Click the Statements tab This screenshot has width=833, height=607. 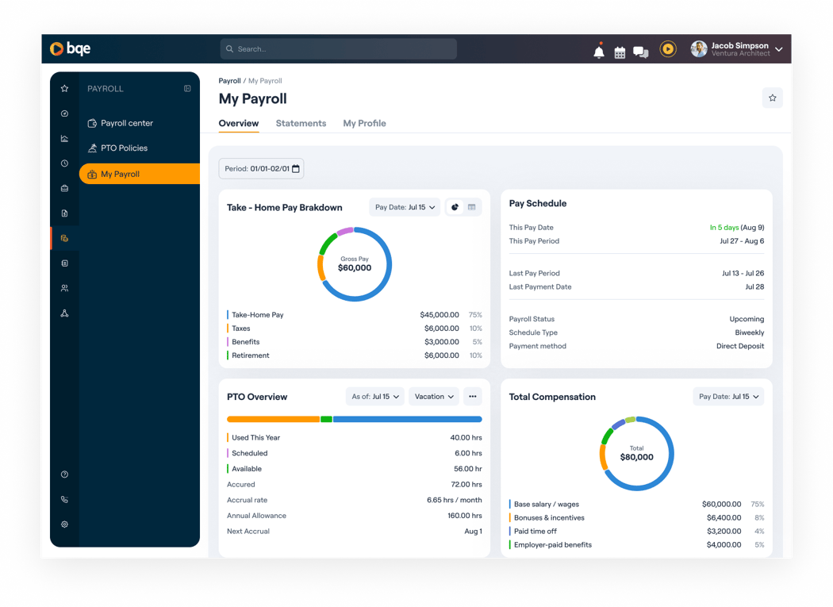point(301,124)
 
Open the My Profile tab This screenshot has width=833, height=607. point(364,124)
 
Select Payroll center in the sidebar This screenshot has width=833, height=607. point(127,124)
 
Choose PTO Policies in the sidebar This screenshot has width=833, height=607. point(124,148)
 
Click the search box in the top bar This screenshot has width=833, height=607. point(338,49)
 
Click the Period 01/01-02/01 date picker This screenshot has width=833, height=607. point(261,169)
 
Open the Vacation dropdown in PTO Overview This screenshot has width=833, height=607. point(434,397)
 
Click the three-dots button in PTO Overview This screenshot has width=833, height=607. point(473,397)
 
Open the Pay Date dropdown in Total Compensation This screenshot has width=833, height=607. point(728,397)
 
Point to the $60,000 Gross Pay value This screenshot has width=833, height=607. point(355,268)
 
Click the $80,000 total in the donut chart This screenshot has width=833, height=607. point(636,457)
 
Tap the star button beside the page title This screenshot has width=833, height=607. point(772,98)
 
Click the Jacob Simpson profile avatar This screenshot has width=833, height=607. point(699,49)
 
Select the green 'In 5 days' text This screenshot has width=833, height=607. point(724,228)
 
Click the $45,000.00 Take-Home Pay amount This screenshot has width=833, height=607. point(440,315)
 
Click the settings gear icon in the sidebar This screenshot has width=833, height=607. point(64,524)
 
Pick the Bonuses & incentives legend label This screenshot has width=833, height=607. point(549,518)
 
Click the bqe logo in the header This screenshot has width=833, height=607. point(71,49)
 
